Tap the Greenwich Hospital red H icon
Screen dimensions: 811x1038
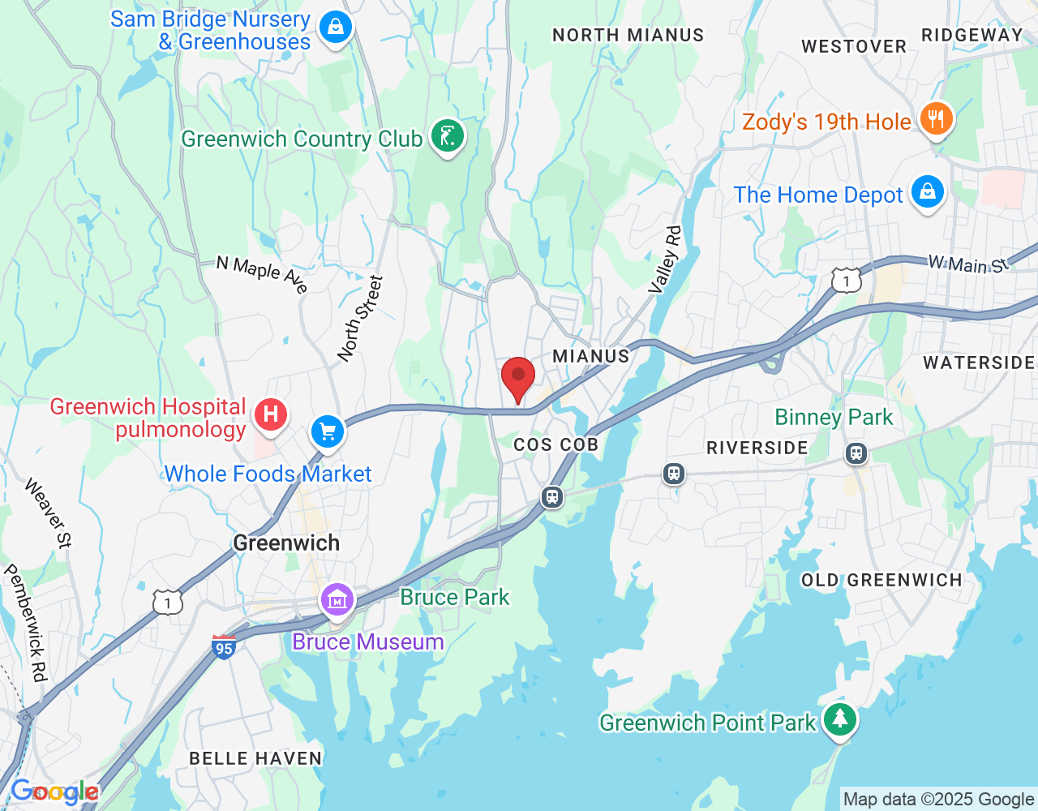click(271, 414)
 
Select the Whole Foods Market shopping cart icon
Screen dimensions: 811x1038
click(328, 431)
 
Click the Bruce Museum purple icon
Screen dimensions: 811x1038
click(337, 600)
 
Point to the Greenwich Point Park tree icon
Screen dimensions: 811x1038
click(840, 719)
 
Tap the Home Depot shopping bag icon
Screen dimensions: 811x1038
click(928, 192)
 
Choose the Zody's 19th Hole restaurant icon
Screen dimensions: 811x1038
click(937, 119)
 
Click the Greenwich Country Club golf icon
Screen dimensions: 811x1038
click(447, 135)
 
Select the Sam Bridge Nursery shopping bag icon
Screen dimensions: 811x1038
click(335, 28)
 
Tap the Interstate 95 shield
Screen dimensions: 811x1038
click(223, 647)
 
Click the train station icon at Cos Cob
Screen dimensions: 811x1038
click(552, 496)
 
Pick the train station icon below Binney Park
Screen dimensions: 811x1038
click(856, 453)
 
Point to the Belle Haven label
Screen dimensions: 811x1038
click(255, 758)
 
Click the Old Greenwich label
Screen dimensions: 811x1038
click(881, 580)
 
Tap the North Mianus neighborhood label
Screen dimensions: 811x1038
click(628, 35)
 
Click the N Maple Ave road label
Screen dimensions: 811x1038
click(262, 274)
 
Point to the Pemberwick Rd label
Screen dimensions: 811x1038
click(26, 622)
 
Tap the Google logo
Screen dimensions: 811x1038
click(54, 792)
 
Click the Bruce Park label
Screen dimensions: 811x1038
click(455, 597)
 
